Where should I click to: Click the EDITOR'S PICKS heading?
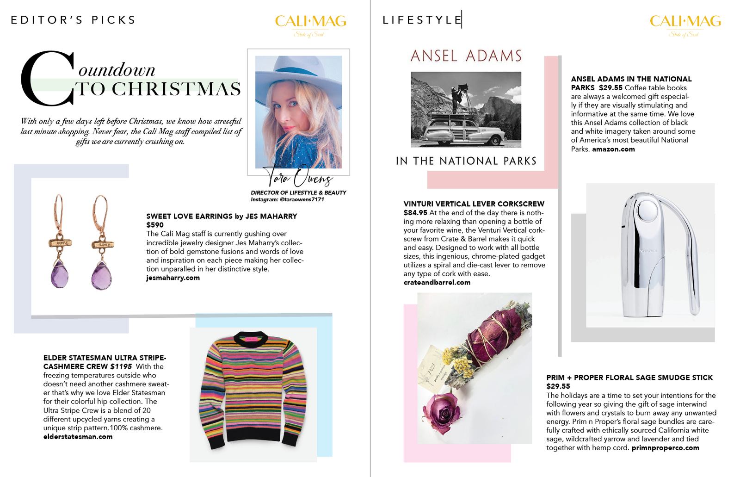coord(73,20)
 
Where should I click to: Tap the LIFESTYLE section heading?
coord(422,20)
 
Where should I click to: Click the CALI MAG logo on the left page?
coord(310,22)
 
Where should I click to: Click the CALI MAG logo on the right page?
coord(685,22)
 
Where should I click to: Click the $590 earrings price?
coord(155,225)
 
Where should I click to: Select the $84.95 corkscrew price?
coord(415,213)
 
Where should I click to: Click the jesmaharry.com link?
coord(173,278)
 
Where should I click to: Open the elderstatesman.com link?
coord(78,437)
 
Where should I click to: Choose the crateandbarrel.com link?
coord(437,282)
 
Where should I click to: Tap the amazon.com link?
coord(613,149)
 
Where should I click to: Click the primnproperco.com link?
coord(665,448)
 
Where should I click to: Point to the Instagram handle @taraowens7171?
coord(287,199)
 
